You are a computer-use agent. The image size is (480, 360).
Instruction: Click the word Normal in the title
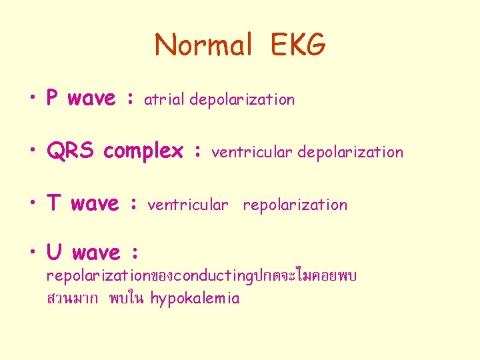click(203, 45)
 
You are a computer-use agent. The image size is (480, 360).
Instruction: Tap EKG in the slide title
click(298, 45)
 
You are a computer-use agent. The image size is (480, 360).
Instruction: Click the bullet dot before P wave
click(33, 100)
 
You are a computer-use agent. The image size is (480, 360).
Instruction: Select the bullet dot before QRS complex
click(33, 152)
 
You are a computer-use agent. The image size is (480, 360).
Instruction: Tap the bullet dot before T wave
click(33, 205)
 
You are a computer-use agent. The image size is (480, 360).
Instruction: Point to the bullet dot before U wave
click(33, 254)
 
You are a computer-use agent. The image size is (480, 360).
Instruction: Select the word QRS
click(71, 151)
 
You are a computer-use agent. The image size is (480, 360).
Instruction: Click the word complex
click(143, 152)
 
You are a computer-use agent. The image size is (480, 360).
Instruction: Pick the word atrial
click(165, 100)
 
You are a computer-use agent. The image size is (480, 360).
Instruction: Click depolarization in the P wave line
click(242, 100)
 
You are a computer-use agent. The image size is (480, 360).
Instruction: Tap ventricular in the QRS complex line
click(252, 152)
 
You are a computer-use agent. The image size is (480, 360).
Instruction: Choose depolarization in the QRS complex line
click(350, 152)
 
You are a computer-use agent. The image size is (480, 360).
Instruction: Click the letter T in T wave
click(53, 203)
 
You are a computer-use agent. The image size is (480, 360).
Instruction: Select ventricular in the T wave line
click(188, 205)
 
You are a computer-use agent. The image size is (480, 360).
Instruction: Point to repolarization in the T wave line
click(295, 205)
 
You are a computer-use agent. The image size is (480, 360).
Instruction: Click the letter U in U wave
click(53, 253)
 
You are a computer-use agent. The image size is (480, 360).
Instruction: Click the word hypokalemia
click(195, 298)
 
